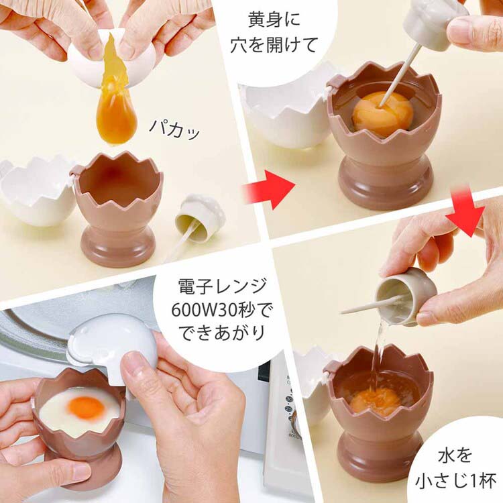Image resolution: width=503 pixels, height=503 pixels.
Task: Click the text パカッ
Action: [x=174, y=129]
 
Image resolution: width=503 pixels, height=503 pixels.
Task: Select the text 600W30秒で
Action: [x=221, y=310]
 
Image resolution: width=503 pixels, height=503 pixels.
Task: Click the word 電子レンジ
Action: [x=222, y=286]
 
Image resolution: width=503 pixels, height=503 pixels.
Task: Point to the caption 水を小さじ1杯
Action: [x=455, y=469]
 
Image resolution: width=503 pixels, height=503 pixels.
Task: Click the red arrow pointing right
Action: [x=268, y=190]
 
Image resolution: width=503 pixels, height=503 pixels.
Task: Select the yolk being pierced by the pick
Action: [x=382, y=115]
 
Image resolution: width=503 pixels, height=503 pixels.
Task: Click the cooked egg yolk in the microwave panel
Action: [x=87, y=408]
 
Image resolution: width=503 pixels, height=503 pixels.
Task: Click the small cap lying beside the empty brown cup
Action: [x=200, y=217]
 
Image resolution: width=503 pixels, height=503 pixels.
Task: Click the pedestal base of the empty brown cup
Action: [x=118, y=245]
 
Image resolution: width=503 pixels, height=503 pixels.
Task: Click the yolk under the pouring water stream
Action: [x=375, y=399]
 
